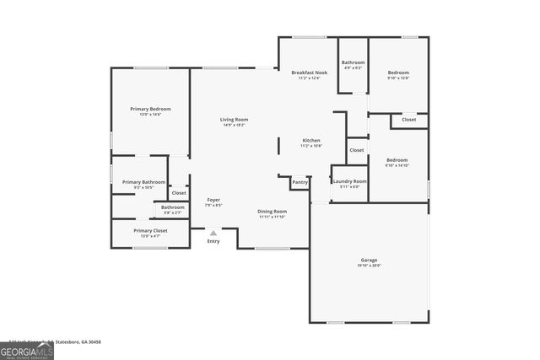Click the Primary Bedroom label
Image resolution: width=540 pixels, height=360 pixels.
(150, 109)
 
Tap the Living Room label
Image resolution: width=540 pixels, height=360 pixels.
(234, 120)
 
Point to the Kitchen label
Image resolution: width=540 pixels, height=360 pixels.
(311, 141)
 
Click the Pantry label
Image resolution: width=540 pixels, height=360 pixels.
(300, 182)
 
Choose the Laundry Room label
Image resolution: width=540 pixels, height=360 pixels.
(349, 181)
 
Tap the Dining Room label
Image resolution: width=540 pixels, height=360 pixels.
(272, 211)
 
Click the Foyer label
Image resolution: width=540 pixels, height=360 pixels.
(213, 200)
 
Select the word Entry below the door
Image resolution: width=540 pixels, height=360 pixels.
(213, 241)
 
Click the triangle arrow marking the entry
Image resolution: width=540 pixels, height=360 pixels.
(213, 233)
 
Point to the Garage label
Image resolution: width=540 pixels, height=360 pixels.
(370, 261)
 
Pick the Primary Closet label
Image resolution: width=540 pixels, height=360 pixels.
(150, 230)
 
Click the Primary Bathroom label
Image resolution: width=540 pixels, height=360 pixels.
(143, 182)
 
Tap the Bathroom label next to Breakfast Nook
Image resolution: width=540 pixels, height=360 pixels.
(353, 62)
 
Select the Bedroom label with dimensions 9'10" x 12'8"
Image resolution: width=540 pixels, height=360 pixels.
(398, 73)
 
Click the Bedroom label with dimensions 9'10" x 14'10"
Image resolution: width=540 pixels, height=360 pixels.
(397, 160)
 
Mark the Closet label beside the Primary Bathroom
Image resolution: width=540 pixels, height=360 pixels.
(179, 193)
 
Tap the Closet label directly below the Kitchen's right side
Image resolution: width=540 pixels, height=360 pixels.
(357, 150)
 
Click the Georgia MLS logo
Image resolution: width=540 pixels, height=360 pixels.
(27, 350)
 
